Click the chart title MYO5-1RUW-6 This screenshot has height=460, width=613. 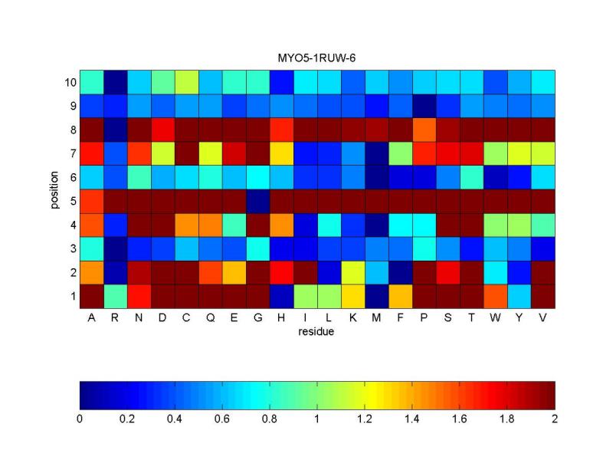tap(316, 58)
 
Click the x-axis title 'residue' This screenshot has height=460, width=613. tap(316, 332)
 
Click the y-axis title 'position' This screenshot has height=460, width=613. tap(54, 189)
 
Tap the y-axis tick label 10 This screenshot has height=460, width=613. tap(70, 83)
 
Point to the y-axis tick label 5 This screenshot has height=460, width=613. tap(74, 202)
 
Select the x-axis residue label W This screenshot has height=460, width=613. tap(495, 317)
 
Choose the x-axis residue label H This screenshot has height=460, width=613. tap(281, 317)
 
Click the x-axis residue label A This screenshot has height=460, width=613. tap(91, 317)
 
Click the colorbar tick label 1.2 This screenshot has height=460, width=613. tap(365, 419)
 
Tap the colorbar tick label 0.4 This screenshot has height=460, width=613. tap(175, 419)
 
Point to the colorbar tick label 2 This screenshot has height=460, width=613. tap(554, 419)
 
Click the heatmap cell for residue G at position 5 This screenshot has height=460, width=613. tap(258, 202)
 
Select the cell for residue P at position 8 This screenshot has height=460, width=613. tap(425, 130)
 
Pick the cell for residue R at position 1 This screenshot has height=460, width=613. tap(116, 297)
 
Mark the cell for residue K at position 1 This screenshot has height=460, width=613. tap(353, 297)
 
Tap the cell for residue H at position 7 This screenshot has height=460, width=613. tap(281, 154)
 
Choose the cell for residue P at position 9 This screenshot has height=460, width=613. tap(425, 106)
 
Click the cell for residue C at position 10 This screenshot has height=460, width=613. tap(186, 83)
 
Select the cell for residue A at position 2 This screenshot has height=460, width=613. tap(91, 273)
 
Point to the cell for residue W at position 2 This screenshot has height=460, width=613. tap(496, 273)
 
